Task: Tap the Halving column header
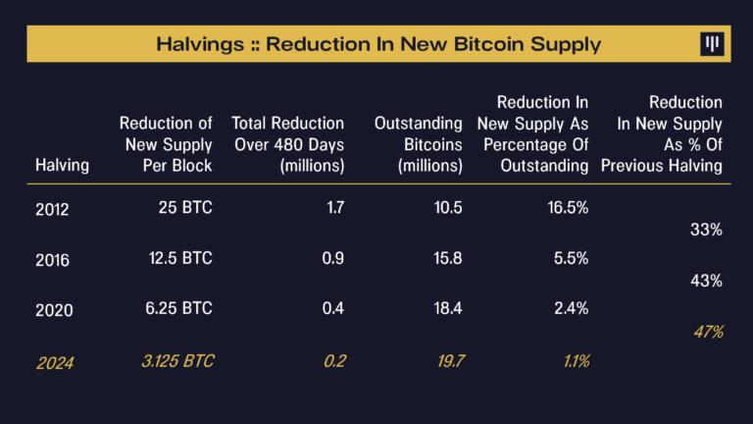[x=62, y=165]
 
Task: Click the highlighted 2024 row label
[x=55, y=362]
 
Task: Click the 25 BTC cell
[x=184, y=208]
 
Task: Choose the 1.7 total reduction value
[x=333, y=208]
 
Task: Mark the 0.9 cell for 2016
[x=332, y=258]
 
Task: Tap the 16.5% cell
[x=568, y=208]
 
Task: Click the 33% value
[x=706, y=230]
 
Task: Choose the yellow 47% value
[x=706, y=332]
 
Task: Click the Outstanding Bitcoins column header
[x=419, y=144]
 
